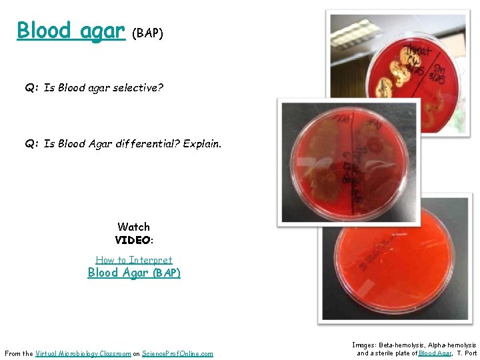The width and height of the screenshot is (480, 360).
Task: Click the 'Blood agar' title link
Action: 71,30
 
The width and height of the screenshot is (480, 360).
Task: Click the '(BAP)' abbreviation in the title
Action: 147,33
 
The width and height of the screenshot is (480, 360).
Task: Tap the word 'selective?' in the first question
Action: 138,87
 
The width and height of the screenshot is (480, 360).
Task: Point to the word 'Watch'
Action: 133,227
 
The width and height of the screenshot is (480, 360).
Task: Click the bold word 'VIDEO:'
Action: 134,240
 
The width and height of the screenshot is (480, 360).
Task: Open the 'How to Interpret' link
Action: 134,260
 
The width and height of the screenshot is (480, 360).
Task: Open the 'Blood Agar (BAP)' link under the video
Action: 134,273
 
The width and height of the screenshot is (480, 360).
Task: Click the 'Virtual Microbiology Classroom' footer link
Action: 83,353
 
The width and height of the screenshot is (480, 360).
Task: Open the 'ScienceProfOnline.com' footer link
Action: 177,353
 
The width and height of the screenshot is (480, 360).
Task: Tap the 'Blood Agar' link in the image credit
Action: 436,353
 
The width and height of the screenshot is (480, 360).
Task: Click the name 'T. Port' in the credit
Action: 467,353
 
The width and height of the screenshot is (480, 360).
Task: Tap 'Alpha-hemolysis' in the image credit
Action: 455,345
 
